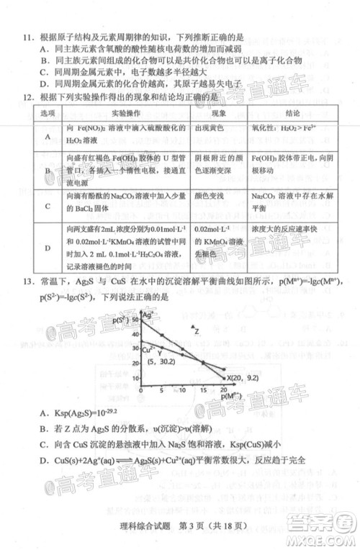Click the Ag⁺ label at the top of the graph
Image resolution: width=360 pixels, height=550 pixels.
(x=148, y=315)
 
